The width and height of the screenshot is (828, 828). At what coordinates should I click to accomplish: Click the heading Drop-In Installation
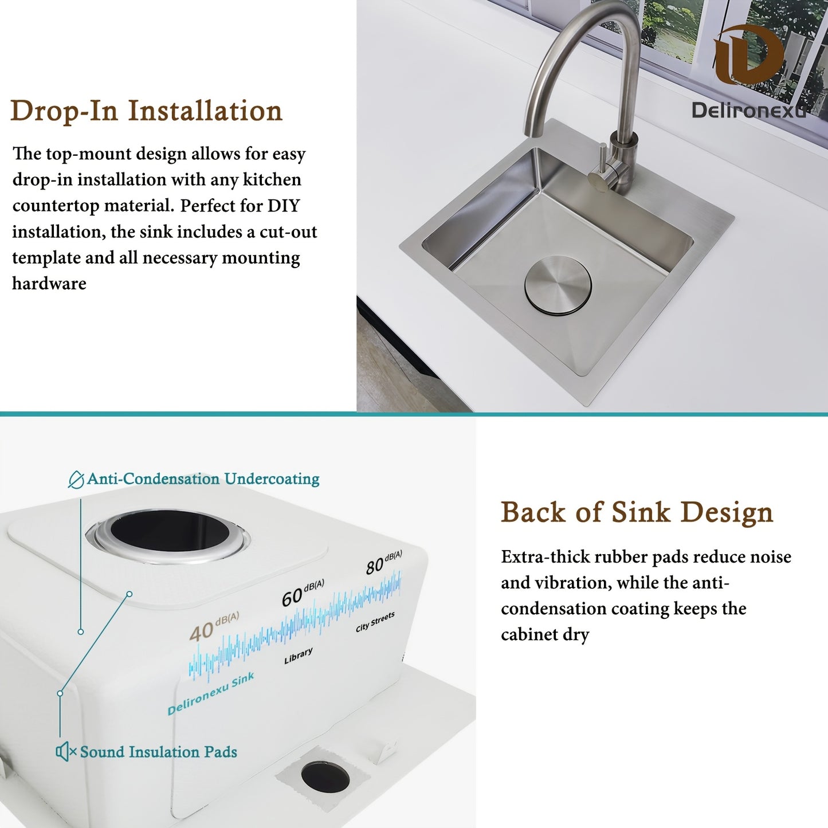(x=146, y=111)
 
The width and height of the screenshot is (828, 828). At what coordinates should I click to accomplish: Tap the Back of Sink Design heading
(x=637, y=512)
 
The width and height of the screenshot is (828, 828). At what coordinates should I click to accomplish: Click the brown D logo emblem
(x=748, y=55)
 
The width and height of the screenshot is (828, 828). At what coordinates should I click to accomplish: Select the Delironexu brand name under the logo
(x=748, y=110)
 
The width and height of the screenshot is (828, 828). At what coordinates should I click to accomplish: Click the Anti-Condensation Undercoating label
(x=203, y=479)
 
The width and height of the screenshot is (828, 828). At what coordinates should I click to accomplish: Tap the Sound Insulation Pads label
(x=158, y=752)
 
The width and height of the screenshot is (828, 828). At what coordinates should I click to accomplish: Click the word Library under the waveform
(x=299, y=656)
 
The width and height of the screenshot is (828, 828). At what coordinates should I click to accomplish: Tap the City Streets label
(x=375, y=622)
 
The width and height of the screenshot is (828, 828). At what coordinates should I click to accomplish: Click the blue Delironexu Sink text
(x=210, y=694)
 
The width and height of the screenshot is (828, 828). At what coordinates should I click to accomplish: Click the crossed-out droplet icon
(x=76, y=479)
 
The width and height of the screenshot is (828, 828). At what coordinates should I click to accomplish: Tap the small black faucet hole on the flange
(x=325, y=777)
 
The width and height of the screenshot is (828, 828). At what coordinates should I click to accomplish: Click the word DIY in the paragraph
(x=284, y=206)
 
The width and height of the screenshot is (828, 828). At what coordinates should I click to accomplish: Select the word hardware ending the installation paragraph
(x=49, y=284)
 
